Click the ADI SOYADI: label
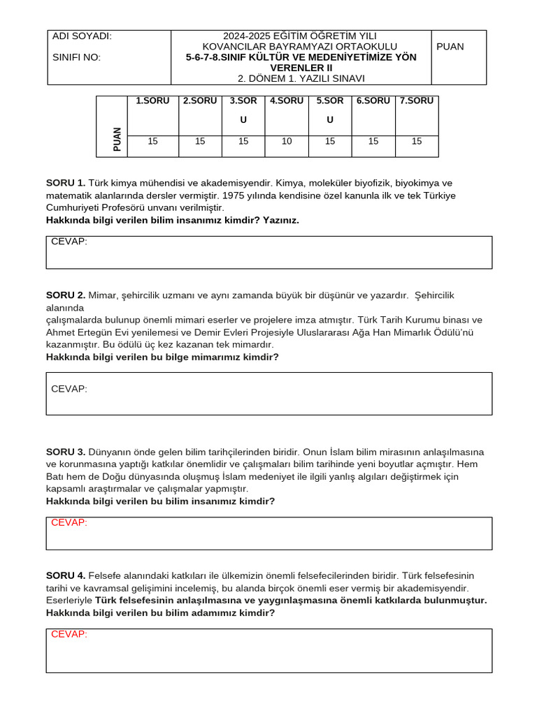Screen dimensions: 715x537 (x=82, y=36)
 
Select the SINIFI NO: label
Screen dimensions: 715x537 (x=77, y=57)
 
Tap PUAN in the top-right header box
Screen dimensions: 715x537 (x=450, y=47)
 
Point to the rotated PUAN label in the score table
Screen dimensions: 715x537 (x=117, y=139)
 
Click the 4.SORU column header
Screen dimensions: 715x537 (x=287, y=101)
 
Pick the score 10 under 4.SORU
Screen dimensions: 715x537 (x=287, y=141)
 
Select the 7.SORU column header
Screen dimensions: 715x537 (x=417, y=101)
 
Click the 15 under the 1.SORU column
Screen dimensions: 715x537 (x=152, y=141)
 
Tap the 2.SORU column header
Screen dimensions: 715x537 (x=200, y=101)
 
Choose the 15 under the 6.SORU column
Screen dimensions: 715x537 (x=373, y=141)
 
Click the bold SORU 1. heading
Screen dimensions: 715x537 (x=66, y=183)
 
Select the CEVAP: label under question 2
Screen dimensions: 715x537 (x=69, y=389)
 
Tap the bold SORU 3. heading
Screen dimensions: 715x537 (x=66, y=452)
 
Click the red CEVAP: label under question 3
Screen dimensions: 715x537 (x=69, y=522)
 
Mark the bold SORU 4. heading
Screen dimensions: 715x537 (x=66, y=575)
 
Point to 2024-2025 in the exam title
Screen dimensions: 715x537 (x=248, y=36)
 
